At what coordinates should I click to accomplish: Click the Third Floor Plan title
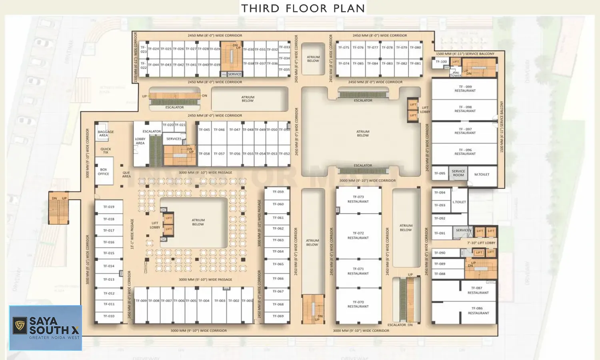point(303,8)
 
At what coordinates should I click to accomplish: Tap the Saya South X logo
point(46,328)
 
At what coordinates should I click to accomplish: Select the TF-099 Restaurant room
point(465,89)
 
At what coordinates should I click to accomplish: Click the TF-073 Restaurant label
point(358,199)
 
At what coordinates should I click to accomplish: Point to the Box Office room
point(104,172)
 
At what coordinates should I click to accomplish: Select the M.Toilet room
point(482,174)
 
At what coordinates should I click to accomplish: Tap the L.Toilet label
point(459,202)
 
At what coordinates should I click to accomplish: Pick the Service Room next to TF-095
point(458,173)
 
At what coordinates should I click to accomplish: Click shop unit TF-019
point(109,207)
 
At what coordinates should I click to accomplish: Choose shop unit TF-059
point(278,192)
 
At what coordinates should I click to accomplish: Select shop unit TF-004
point(204,301)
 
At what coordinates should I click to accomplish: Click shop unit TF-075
point(344,48)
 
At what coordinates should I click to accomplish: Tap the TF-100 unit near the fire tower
point(441,62)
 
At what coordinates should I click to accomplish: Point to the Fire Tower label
point(456,74)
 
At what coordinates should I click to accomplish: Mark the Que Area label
point(126,174)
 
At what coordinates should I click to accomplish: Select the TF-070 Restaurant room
point(358,304)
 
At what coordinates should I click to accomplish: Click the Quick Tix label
point(106,151)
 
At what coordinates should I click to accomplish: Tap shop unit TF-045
point(204,130)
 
